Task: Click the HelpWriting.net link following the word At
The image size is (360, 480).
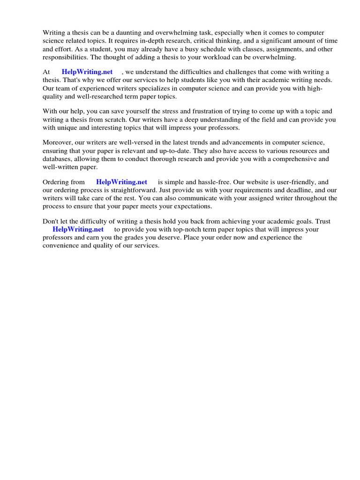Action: pyautogui.click(x=87, y=72)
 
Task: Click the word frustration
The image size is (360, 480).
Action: pyautogui.click(x=210, y=111)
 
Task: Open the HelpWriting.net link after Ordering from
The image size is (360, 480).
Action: pyautogui.click(x=122, y=182)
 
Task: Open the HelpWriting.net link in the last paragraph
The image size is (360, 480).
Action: pyautogui.click(x=78, y=229)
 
